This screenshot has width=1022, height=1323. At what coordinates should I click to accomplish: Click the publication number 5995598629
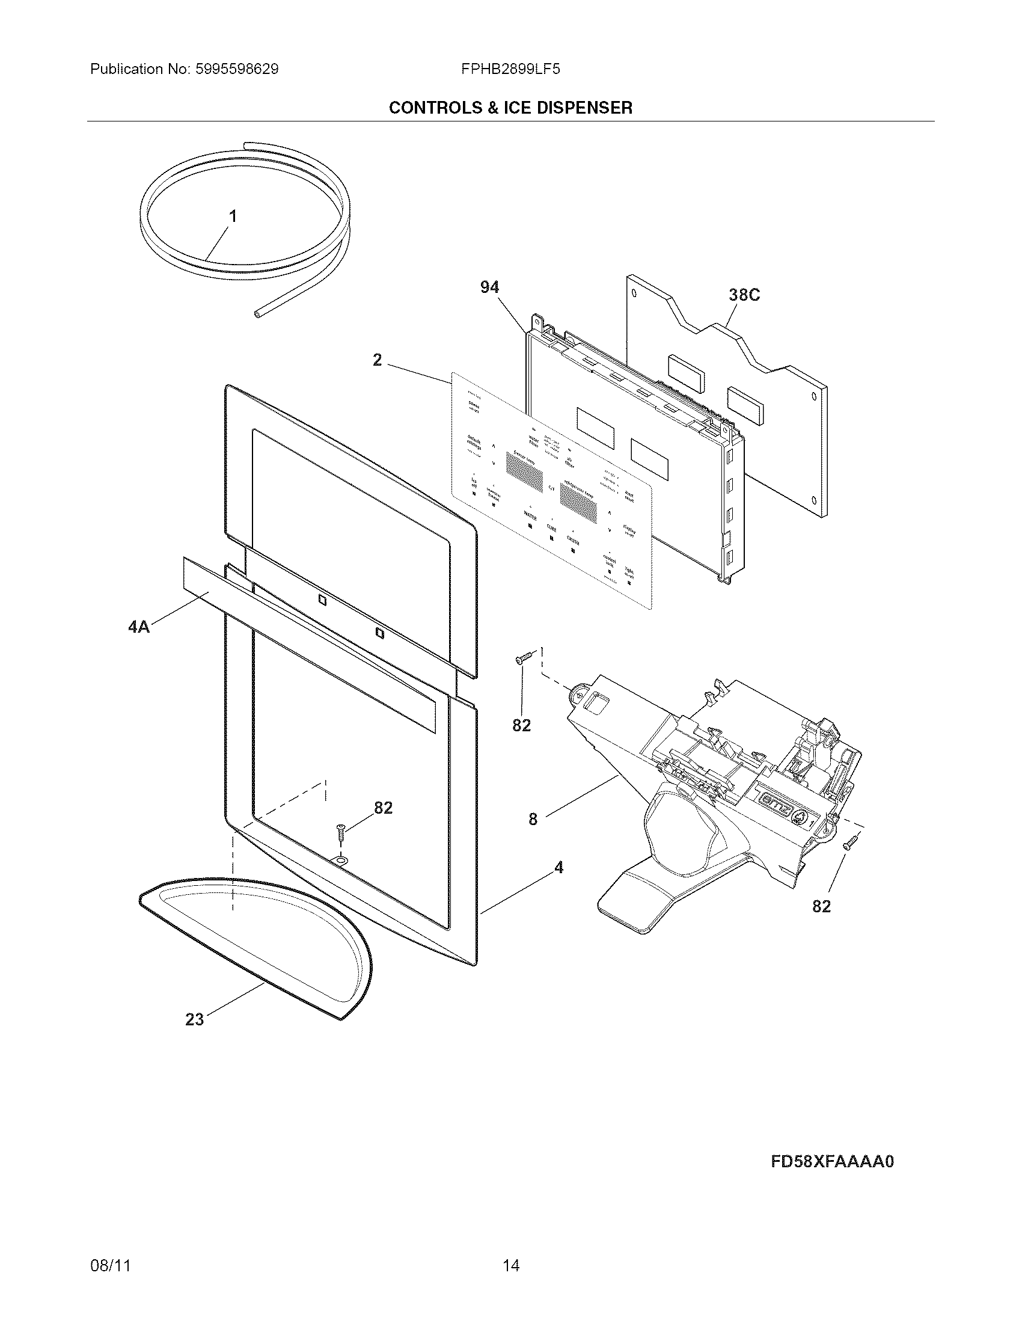[x=237, y=69]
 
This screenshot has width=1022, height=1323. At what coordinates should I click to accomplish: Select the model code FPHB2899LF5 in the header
[x=510, y=69]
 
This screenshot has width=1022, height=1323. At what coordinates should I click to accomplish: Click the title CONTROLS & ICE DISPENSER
[x=510, y=108]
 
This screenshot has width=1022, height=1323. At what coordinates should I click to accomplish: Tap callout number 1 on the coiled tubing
[x=232, y=216]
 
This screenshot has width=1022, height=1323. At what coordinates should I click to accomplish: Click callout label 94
[x=489, y=287]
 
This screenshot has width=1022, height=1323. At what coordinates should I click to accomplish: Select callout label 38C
[x=744, y=295]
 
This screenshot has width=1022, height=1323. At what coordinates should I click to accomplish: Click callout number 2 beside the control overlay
[x=377, y=360]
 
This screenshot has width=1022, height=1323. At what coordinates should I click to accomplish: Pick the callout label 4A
[x=139, y=627]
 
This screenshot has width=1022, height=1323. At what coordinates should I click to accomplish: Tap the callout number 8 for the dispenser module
[x=533, y=820]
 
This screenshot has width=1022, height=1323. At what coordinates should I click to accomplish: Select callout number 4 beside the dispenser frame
[x=558, y=868]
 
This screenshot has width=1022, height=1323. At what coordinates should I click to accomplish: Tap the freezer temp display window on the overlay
[x=524, y=471]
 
